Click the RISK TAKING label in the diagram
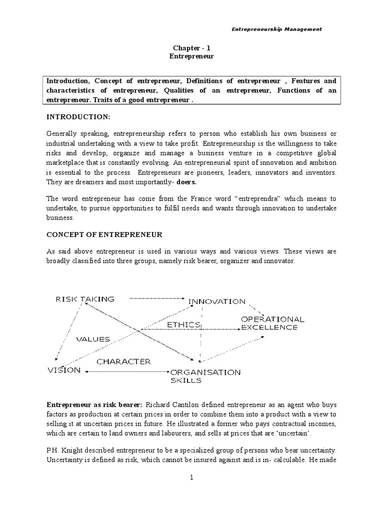pyautogui.click(x=85, y=299)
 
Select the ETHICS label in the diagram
pyautogui.click(x=184, y=324)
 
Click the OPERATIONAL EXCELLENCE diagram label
pyautogui.click(x=272, y=323)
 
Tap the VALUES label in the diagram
pyautogui.click(x=92, y=339)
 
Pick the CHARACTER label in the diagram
pyautogui.click(x=123, y=361)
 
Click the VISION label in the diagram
pyautogui.click(x=63, y=370)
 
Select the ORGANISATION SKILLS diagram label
pyautogui.click(x=205, y=376)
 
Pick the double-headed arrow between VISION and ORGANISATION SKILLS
pyautogui.click(x=127, y=371)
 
